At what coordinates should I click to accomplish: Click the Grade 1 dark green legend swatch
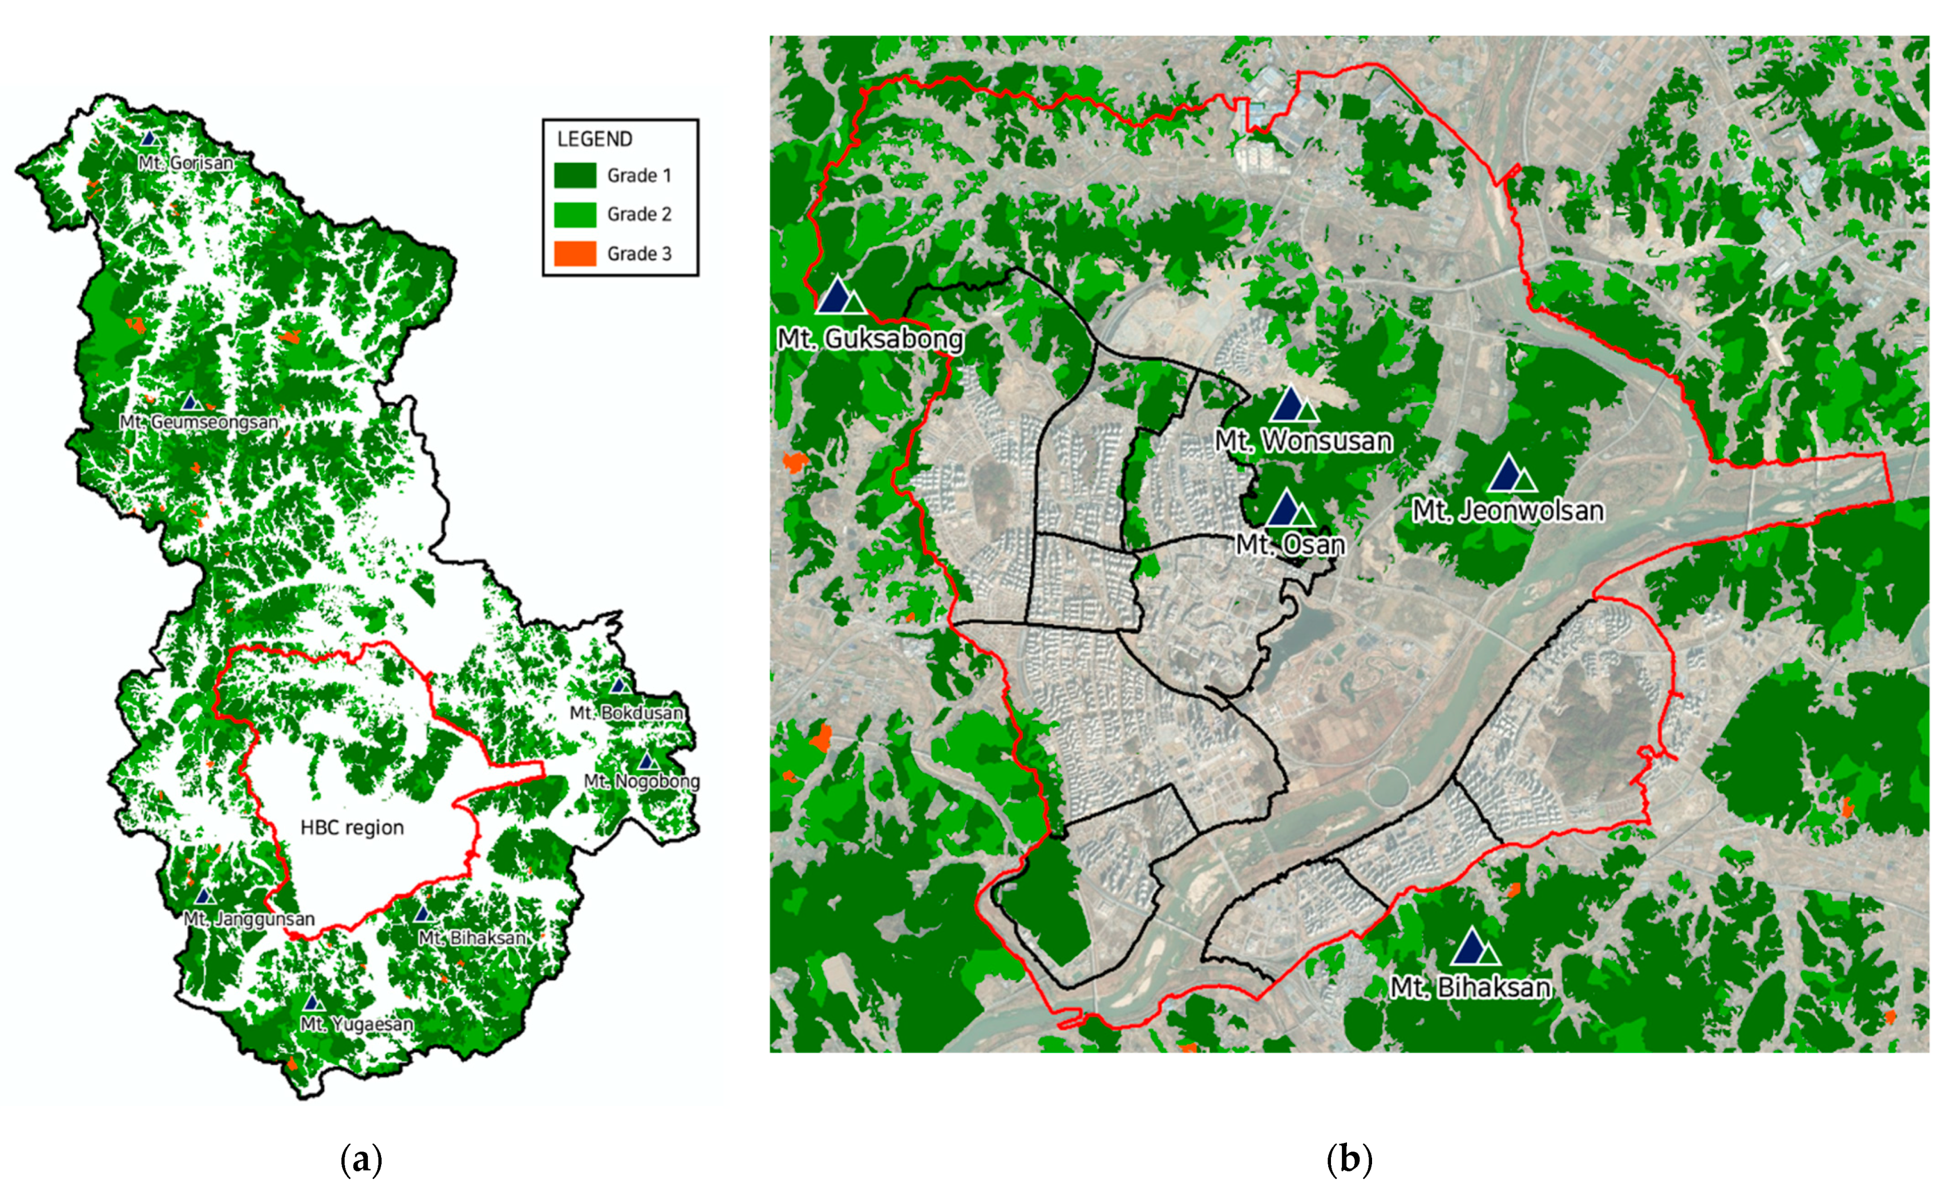575,175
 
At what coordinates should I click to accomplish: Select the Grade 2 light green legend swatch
575,214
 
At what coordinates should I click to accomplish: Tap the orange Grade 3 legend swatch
575,254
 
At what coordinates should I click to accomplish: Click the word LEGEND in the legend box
595,140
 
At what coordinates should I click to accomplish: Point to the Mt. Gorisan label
185,163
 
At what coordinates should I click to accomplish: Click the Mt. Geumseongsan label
199,422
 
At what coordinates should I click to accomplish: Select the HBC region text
352,827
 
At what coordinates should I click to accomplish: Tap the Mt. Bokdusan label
626,713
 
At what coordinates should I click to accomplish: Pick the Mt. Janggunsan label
249,919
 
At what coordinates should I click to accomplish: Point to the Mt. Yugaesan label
357,1024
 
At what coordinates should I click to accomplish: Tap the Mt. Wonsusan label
1303,441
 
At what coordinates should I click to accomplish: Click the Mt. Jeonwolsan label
1507,511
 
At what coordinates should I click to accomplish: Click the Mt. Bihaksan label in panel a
472,938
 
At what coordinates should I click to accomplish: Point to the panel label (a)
361,1160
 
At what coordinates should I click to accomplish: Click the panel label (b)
1349,1160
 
